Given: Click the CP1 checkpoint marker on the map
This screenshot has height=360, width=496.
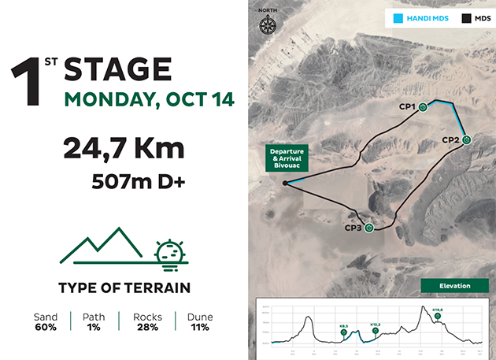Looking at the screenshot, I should [x=423, y=107].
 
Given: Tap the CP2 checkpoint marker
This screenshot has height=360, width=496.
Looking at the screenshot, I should [x=467, y=139].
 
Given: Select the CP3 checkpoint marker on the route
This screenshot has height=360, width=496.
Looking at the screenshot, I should [x=368, y=228].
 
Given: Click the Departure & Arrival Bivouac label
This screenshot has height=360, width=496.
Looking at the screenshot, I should [x=287, y=158].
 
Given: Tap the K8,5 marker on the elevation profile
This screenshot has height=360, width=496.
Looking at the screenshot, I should [x=344, y=333].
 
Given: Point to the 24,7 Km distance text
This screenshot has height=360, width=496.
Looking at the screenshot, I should [x=124, y=149].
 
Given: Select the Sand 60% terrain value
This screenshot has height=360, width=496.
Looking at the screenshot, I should [x=46, y=321].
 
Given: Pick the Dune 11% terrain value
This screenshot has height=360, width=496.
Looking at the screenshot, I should [x=199, y=321].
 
